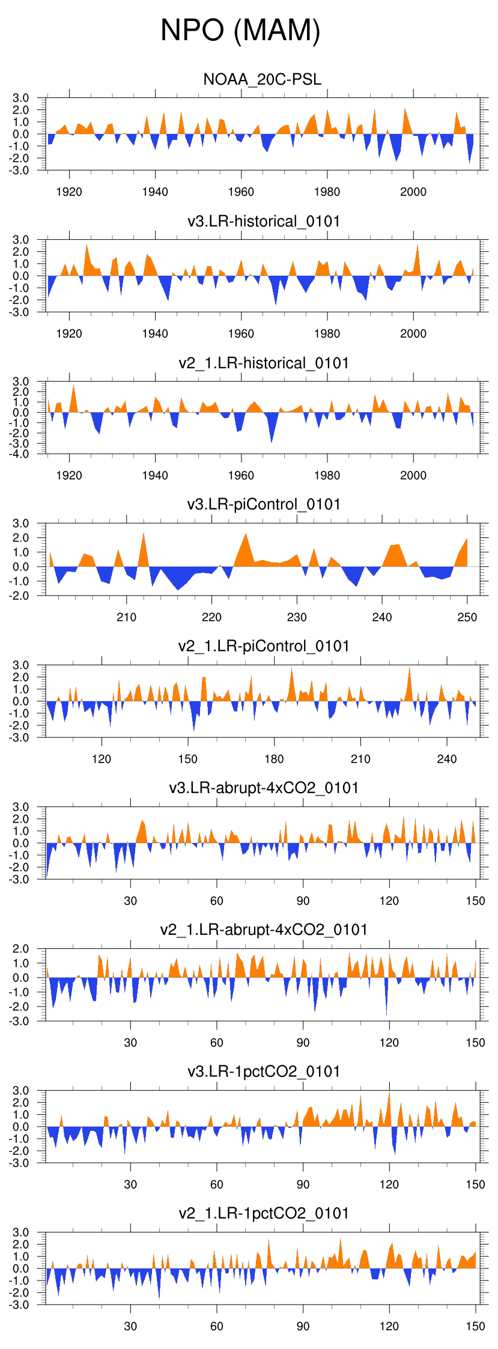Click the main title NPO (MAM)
[x=240, y=30]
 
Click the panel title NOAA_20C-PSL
[x=263, y=79]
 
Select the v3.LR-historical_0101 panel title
[x=264, y=221]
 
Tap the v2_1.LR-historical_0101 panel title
[x=264, y=363]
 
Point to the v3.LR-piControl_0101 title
[x=264, y=504]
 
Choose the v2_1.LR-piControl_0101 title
[x=264, y=646]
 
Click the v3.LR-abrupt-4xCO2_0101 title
[x=264, y=788]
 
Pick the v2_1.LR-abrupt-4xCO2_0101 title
[x=264, y=930]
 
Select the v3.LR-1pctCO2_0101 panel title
[x=264, y=1071]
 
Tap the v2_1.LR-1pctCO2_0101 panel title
[x=264, y=1213]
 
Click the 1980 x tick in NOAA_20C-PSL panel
[x=327, y=192]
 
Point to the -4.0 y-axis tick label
[x=20, y=454]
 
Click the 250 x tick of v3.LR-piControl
[x=467, y=617]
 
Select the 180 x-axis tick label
[x=274, y=759]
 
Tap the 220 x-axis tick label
[x=211, y=617]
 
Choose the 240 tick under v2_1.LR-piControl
[x=446, y=759]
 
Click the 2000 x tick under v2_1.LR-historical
[x=413, y=475]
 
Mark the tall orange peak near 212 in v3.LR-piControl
[x=144, y=535]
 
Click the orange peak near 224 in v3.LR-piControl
[x=246, y=536]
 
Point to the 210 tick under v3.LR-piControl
[x=126, y=617]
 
